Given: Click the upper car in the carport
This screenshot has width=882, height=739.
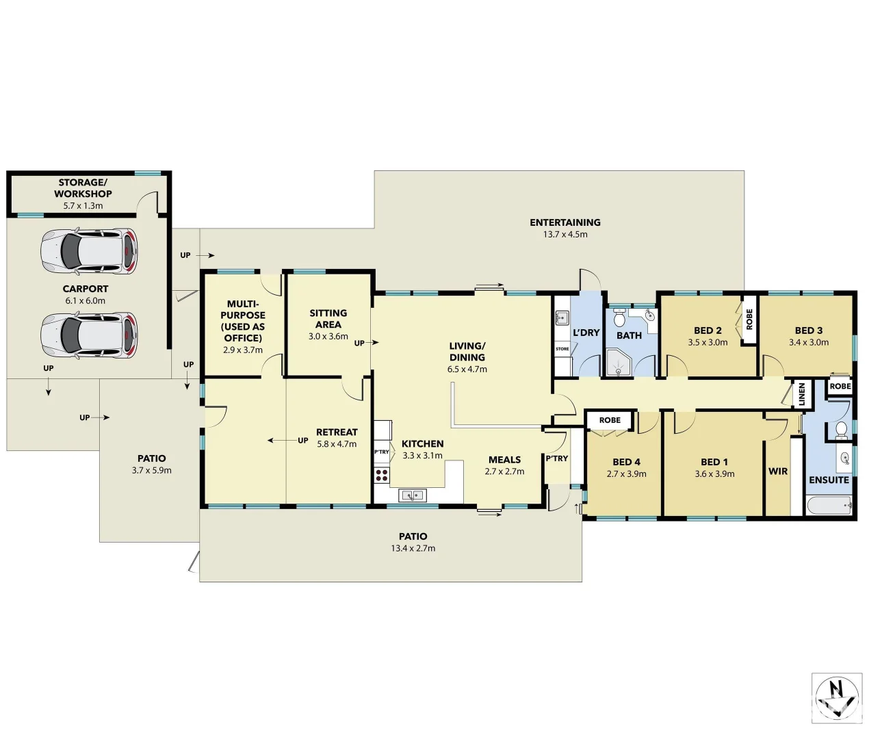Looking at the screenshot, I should click(89, 250).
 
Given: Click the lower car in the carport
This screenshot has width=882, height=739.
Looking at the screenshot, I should click(89, 335).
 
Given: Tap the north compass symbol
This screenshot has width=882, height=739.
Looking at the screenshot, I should click(836, 697).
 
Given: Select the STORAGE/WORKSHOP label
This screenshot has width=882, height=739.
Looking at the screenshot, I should click(83, 188).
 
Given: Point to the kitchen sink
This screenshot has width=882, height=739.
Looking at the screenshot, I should click(412, 495).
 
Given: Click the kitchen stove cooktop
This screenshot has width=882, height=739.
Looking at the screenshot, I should click(382, 474).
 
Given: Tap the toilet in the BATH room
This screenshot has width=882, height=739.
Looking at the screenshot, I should click(619, 318).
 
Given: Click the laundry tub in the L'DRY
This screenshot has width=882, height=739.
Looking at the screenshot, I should click(562, 317).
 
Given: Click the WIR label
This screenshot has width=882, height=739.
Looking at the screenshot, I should click(778, 471).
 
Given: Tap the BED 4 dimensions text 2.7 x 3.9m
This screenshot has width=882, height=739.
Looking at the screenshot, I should click(626, 474).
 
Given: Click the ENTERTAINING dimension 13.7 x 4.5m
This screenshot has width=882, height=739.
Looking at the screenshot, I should click(565, 235).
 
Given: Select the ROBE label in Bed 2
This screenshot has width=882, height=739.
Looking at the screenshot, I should click(749, 320).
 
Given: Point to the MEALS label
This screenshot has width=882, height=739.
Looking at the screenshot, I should click(504, 460).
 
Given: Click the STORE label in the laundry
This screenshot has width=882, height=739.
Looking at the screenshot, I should click(562, 349).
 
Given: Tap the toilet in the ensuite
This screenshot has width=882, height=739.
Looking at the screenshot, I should click(841, 429).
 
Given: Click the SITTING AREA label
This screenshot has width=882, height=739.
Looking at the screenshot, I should click(328, 319).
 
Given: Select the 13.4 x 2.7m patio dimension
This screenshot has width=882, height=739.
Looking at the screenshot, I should click(413, 548).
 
